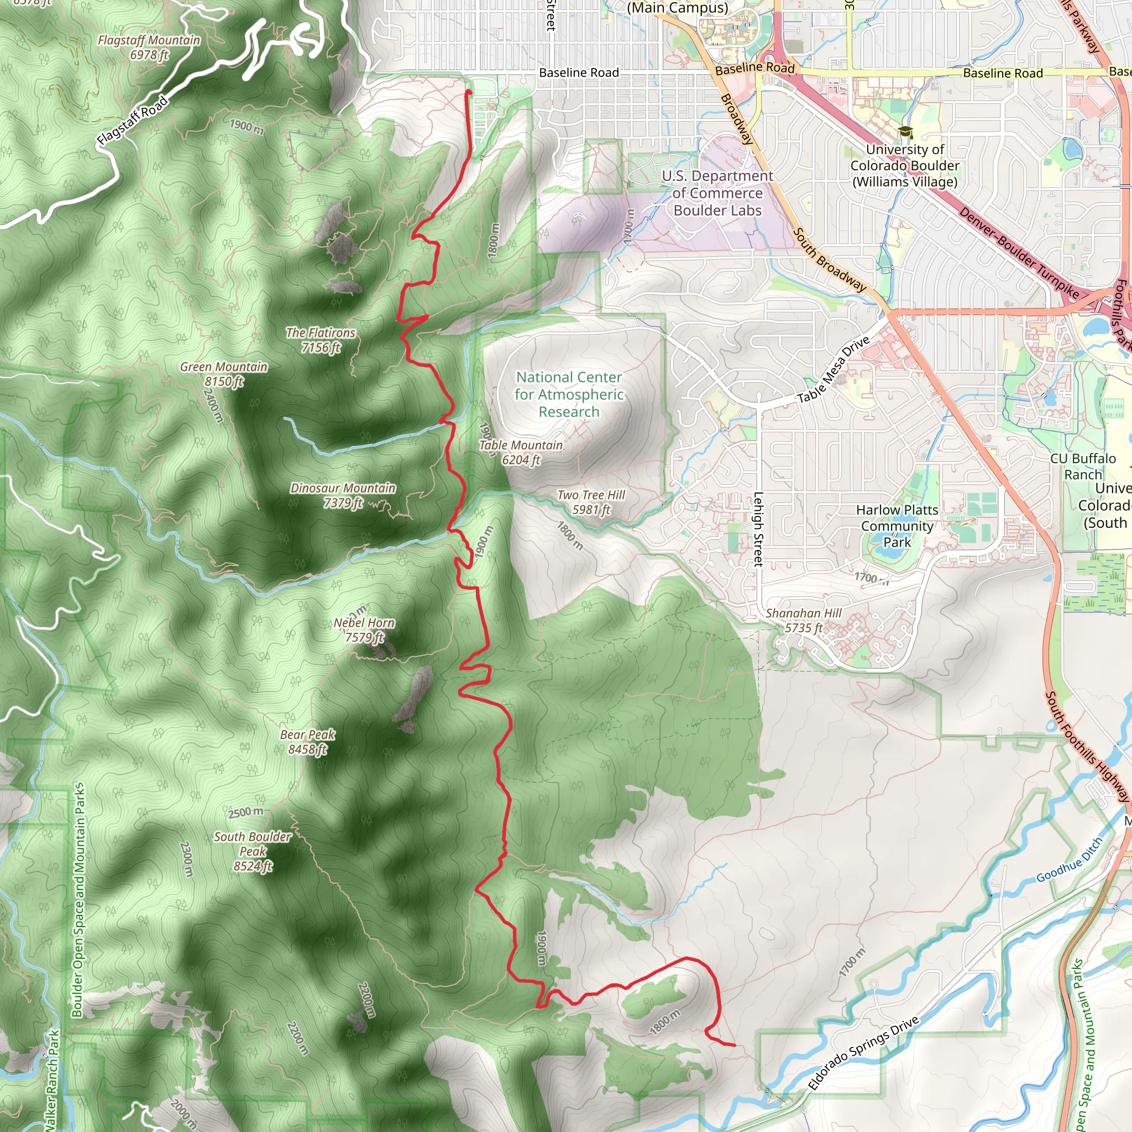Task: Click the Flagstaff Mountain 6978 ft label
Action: [149, 48]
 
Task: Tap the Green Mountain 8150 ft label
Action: [223, 374]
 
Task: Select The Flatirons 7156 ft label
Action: [321, 340]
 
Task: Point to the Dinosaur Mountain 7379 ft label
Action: [343, 495]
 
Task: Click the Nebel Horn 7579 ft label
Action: [364, 630]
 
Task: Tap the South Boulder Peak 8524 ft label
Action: [253, 851]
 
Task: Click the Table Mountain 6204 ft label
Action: [521, 452]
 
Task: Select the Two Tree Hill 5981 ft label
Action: [591, 502]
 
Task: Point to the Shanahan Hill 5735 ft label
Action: [803, 620]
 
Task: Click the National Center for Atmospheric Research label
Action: [569, 394]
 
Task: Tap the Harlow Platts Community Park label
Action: [897, 526]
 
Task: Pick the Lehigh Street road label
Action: [758, 529]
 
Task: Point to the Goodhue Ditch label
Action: [1070, 860]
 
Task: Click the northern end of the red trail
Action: [468, 92]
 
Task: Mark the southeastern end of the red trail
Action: [734, 1045]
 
